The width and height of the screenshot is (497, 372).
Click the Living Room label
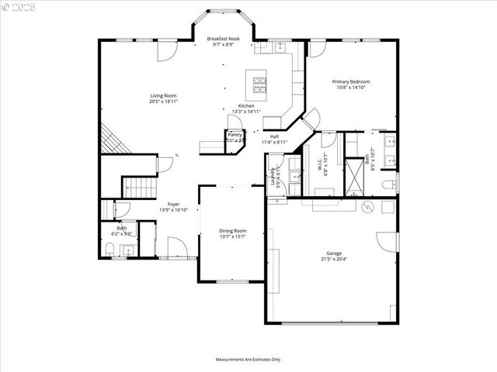[163, 96]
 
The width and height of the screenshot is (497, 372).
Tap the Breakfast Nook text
[223, 39]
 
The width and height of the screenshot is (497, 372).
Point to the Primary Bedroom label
[351, 81]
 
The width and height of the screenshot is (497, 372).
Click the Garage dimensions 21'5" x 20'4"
[333, 260]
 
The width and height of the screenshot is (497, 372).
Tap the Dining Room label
[232, 230]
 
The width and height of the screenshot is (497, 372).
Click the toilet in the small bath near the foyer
[110, 250]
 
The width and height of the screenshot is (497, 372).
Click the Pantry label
[235, 135]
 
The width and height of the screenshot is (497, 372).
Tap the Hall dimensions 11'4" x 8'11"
[274, 143]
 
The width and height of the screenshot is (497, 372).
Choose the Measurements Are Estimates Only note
[248, 359]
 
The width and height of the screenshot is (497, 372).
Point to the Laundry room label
[273, 178]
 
